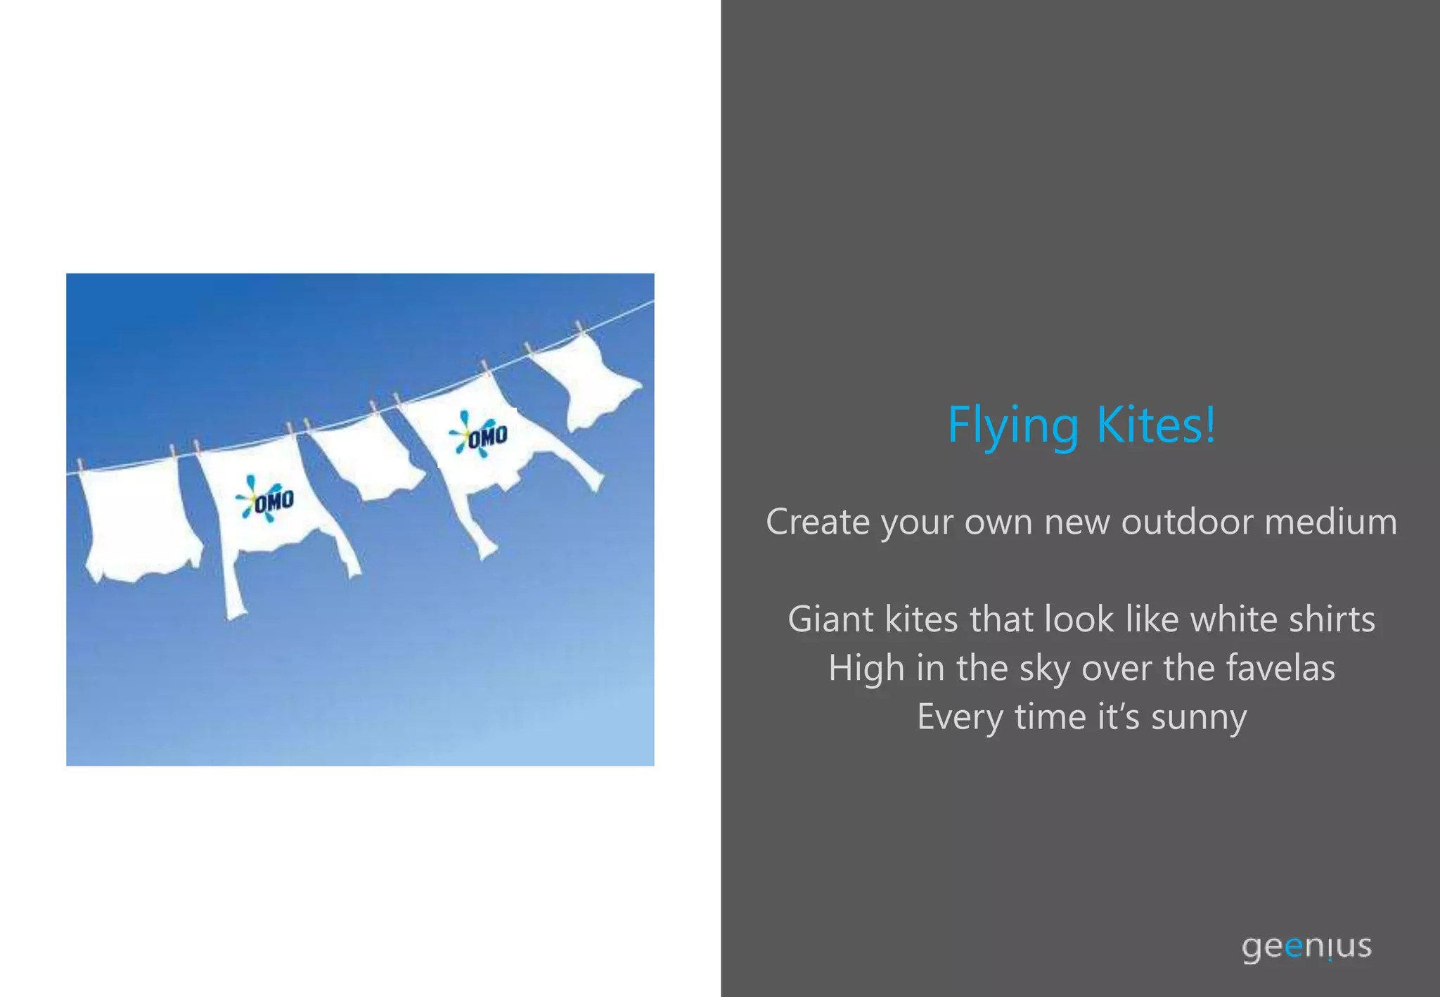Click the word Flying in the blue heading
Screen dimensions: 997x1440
tap(1012, 425)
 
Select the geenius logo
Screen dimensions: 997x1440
tap(1306, 946)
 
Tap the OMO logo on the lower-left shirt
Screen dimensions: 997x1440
tap(266, 498)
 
